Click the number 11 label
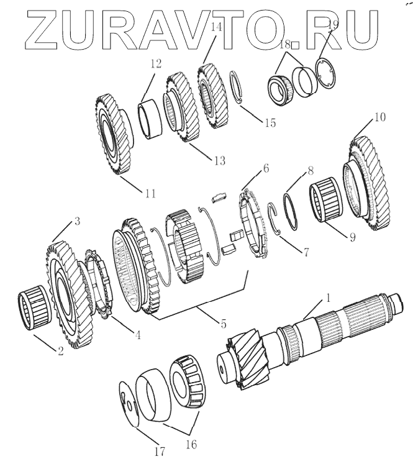click(150, 193)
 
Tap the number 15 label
click(270, 122)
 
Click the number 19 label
click(332, 25)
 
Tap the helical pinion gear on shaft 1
click(247, 362)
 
